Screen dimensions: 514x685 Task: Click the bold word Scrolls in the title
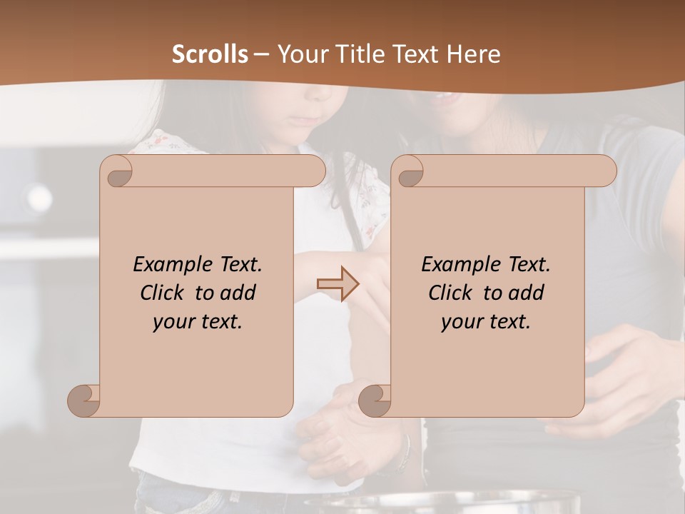(x=210, y=54)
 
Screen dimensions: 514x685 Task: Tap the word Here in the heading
(x=474, y=54)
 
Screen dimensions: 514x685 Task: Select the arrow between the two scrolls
(x=338, y=283)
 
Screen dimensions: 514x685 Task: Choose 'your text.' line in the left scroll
(x=198, y=322)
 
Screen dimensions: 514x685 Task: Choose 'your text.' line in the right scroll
(x=486, y=322)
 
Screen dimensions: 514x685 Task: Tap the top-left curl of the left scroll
(x=117, y=172)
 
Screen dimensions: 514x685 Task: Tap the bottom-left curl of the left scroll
(x=84, y=400)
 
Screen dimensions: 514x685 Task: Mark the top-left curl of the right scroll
(x=408, y=172)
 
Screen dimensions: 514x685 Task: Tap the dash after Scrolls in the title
(x=262, y=54)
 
